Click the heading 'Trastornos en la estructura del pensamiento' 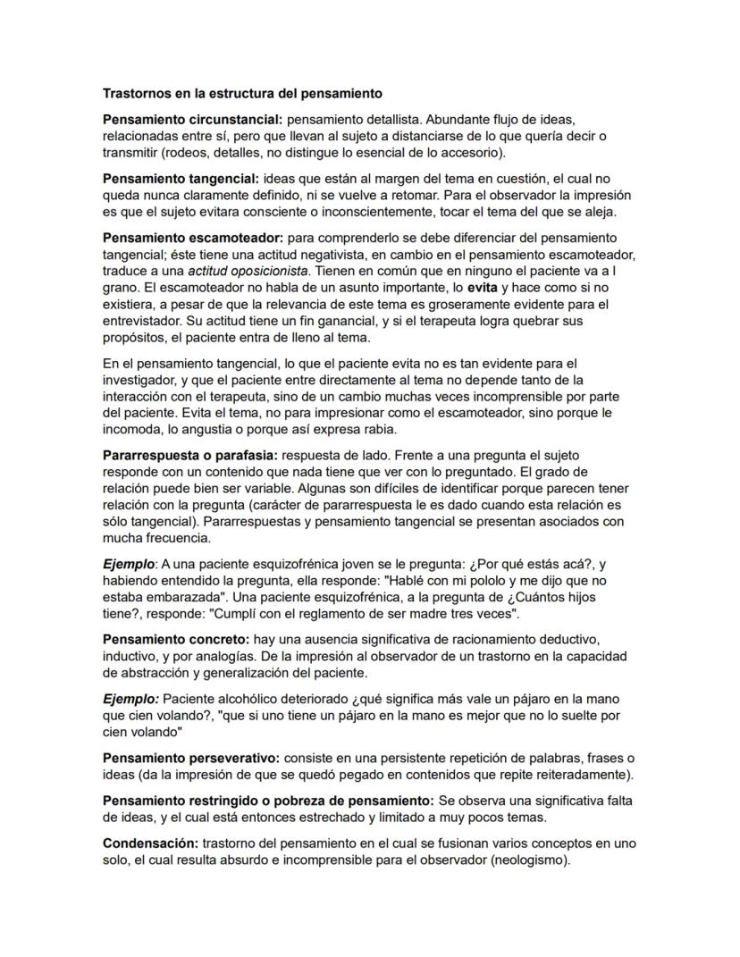point(242,93)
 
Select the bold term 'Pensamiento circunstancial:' point(192,119)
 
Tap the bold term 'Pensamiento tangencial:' point(181,178)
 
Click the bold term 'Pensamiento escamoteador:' point(192,237)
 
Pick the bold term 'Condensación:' point(150,843)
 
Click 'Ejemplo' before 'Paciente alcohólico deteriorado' point(130,699)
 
